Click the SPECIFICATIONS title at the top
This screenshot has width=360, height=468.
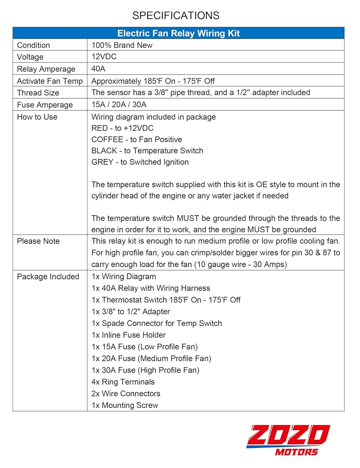pyautogui.click(x=176, y=15)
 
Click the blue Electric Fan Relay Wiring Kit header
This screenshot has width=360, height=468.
pyautogui.click(x=178, y=33)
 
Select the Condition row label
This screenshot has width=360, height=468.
pyautogui.click(x=33, y=45)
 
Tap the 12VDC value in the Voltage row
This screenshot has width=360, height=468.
pyautogui.click(x=104, y=57)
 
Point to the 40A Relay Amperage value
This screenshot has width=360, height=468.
pyautogui.click(x=98, y=69)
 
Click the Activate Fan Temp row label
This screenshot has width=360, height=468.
pyautogui.click(x=50, y=81)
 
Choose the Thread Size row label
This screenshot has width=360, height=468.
pyautogui.click(x=38, y=93)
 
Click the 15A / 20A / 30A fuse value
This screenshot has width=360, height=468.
pyautogui.click(x=119, y=105)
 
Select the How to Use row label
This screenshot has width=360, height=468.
pyautogui.click(x=37, y=117)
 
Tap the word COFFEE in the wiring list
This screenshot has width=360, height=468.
pyautogui.click(x=107, y=139)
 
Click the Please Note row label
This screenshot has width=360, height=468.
pyautogui.click(x=38, y=241)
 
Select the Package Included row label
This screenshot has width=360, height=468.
pyautogui.click(x=48, y=277)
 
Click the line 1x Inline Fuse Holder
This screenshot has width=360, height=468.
pyautogui.click(x=128, y=335)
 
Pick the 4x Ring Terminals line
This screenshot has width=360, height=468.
pyautogui.click(x=123, y=382)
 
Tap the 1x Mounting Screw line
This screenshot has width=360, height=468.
pyautogui.click(x=125, y=405)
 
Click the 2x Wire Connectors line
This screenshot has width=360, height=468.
pyautogui.click(x=126, y=394)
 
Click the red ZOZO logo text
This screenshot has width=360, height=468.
pyautogui.click(x=288, y=435)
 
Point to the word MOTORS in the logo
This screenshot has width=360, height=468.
pyautogui.click(x=296, y=452)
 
